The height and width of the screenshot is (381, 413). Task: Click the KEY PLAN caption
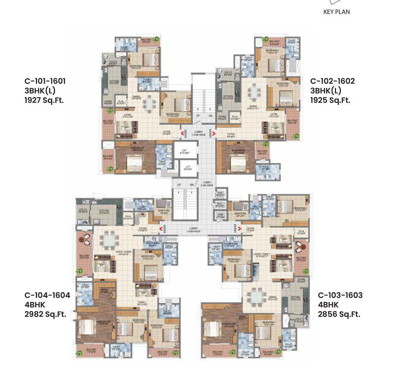(336, 12)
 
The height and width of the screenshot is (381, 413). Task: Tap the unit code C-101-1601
(45, 81)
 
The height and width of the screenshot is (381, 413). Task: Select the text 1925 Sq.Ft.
(330, 100)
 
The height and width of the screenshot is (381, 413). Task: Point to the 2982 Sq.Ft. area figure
(45, 314)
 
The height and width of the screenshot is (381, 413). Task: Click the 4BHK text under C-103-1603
(328, 305)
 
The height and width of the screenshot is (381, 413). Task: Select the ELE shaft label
(220, 205)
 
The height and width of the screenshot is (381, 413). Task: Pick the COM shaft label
(220, 216)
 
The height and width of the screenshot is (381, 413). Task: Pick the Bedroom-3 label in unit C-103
(233, 260)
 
